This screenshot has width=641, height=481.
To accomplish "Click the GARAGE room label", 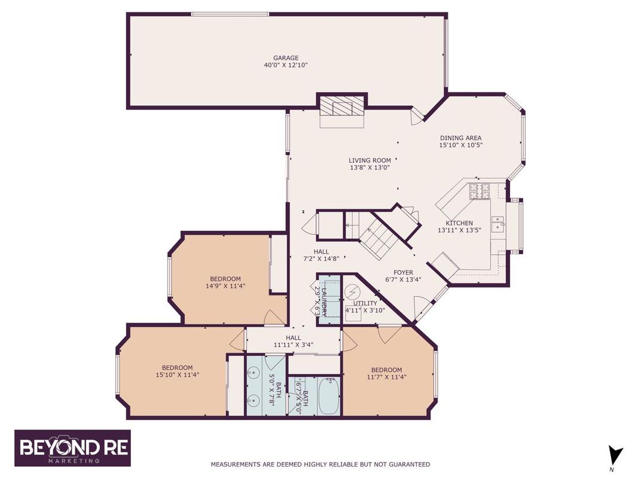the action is [x=286, y=58].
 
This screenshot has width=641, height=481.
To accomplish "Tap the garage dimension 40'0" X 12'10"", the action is [x=286, y=65].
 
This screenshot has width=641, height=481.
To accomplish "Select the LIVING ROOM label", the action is [x=370, y=160].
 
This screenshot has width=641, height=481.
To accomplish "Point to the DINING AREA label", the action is [x=460, y=138].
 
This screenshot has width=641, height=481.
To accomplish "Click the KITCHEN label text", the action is [x=459, y=223].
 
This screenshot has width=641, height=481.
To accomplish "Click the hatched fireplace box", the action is [x=341, y=107].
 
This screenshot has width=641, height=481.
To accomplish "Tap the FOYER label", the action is [x=403, y=272].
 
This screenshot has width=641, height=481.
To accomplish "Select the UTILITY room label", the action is [x=365, y=303].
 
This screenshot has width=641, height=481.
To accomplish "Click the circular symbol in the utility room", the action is [x=351, y=292].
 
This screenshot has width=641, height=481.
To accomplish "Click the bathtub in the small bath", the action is [x=328, y=395].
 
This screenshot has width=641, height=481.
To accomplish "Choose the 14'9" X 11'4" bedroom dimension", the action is [x=225, y=286].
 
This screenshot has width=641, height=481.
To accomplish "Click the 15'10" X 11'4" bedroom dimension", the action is [x=177, y=375].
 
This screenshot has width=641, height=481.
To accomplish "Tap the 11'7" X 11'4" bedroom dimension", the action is [x=386, y=377].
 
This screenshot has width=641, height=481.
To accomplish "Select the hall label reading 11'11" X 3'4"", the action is [x=293, y=345].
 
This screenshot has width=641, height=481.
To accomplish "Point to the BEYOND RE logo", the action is [x=73, y=448].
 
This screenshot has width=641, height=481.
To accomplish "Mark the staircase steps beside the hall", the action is [x=378, y=239].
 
